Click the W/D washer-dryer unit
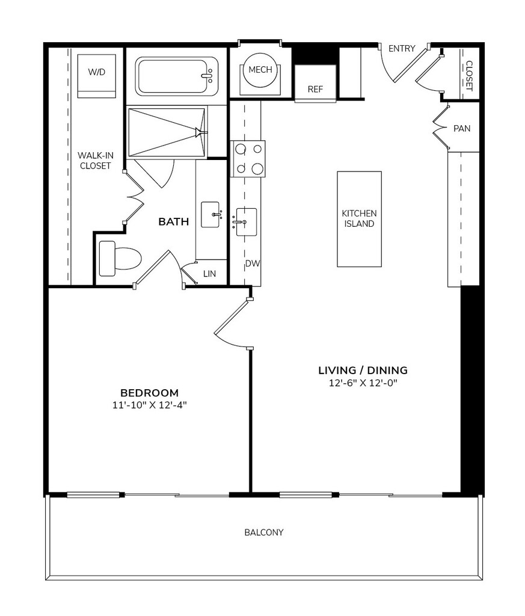[x=97, y=76]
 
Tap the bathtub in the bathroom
[x=176, y=76]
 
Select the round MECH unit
[x=260, y=70]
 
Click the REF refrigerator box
[x=315, y=83]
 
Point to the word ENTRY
[x=402, y=48]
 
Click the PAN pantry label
[x=462, y=129]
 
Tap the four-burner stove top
[x=249, y=159]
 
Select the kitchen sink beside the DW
[x=246, y=222]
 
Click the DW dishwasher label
[x=253, y=263]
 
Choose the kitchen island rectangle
[x=359, y=219]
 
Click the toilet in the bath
[x=120, y=259]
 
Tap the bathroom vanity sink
[x=210, y=215]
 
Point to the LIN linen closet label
[x=210, y=274]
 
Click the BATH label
[x=174, y=222]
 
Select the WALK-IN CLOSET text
[x=96, y=161]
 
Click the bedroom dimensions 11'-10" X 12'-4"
[x=150, y=405]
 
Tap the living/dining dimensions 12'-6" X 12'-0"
[x=363, y=383]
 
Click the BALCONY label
[x=264, y=532]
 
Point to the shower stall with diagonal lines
[x=167, y=132]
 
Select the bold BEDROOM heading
[x=150, y=393]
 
